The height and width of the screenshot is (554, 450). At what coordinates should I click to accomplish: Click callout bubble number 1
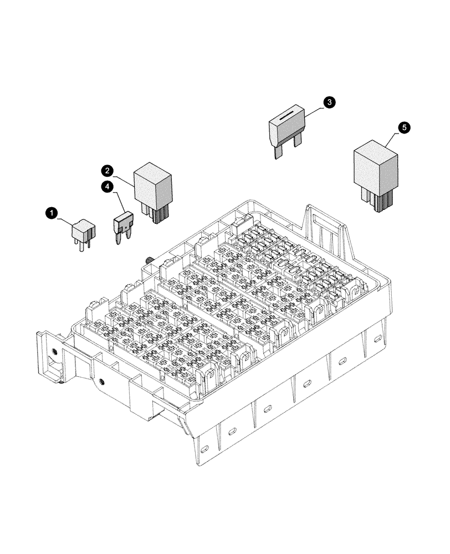coord(51,212)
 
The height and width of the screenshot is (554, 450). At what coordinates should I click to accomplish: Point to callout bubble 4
coord(107,187)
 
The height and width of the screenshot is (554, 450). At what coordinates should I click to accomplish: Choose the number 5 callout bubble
coord(405,128)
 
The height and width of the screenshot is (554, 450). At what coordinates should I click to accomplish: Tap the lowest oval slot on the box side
coord(204,448)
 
